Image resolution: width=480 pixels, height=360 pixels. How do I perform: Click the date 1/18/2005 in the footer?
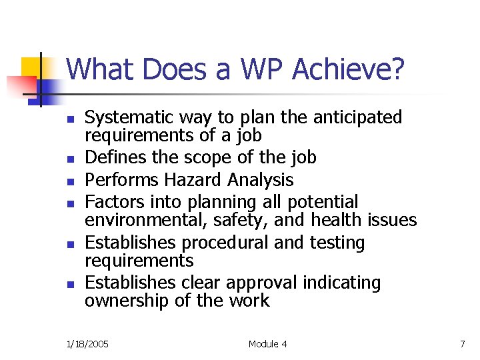click(x=87, y=344)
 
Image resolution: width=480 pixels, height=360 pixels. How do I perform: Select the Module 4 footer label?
click(x=267, y=344)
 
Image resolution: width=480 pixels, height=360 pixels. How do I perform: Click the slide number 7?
click(x=462, y=344)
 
